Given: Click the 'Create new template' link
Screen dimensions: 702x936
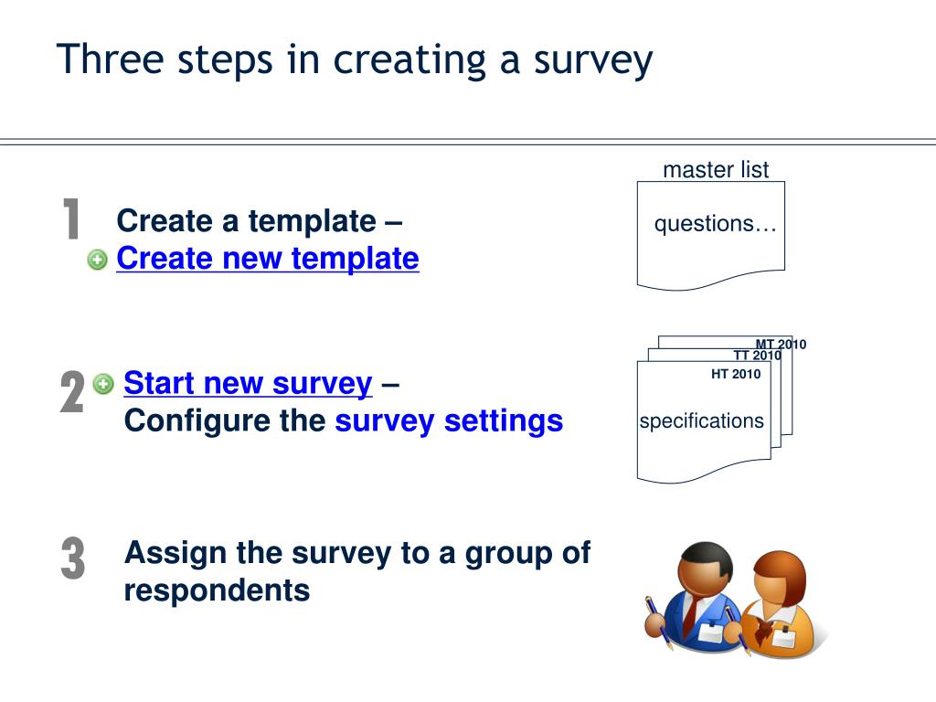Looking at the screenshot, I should click(x=267, y=259).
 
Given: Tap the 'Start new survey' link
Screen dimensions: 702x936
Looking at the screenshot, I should click(x=248, y=383).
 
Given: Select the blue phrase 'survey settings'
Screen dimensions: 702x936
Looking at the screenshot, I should click(x=449, y=421).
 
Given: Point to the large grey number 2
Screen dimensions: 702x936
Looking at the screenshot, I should click(x=72, y=393).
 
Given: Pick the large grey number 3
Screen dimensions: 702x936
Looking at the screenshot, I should click(x=73, y=558).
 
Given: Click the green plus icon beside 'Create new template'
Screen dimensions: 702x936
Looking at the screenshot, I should click(x=98, y=261).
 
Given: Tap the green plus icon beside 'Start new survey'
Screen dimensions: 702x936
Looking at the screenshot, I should click(x=104, y=384).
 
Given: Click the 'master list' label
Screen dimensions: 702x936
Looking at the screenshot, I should click(x=716, y=170).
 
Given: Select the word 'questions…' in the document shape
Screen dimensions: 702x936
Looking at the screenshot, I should click(x=715, y=225).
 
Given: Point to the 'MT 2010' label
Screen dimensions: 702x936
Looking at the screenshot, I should click(x=781, y=345).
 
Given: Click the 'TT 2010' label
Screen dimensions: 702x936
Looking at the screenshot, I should click(x=757, y=356).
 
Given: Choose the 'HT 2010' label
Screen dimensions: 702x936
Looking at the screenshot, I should click(x=736, y=374).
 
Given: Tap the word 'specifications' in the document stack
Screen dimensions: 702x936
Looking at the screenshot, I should click(x=701, y=421).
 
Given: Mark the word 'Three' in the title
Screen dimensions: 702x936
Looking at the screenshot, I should click(x=97, y=60).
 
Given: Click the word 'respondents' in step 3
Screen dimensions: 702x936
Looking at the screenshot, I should click(x=217, y=590).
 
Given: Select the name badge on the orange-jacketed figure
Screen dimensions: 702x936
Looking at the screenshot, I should click(x=783, y=638).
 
